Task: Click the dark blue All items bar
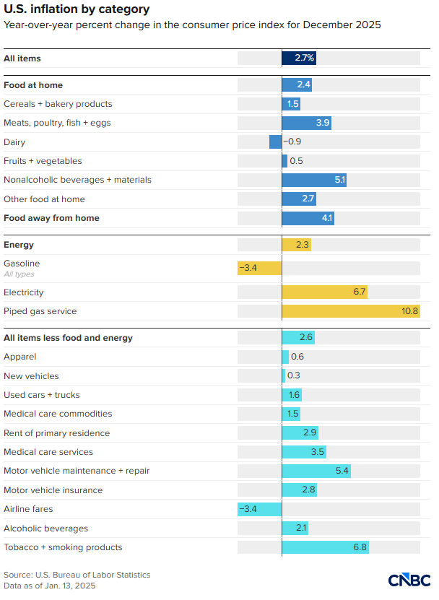point(298,58)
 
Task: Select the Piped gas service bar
point(350,311)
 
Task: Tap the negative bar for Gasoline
point(259,268)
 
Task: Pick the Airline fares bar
point(259,509)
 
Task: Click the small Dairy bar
point(275,142)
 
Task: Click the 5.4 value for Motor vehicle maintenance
point(342,471)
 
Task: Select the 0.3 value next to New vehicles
point(294,375)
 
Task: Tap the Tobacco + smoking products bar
point(325,547)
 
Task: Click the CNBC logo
point(409,580)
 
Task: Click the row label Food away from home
point(51,218)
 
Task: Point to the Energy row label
point(19,245)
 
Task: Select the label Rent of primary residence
point(57,432)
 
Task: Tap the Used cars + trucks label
point(42,395)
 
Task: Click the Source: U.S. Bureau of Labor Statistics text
point(77,575)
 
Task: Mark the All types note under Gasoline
point(19,274)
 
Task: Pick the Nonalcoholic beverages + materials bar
point(314,180)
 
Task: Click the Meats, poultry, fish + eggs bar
point(306,123)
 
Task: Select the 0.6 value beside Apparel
point(297,357)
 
